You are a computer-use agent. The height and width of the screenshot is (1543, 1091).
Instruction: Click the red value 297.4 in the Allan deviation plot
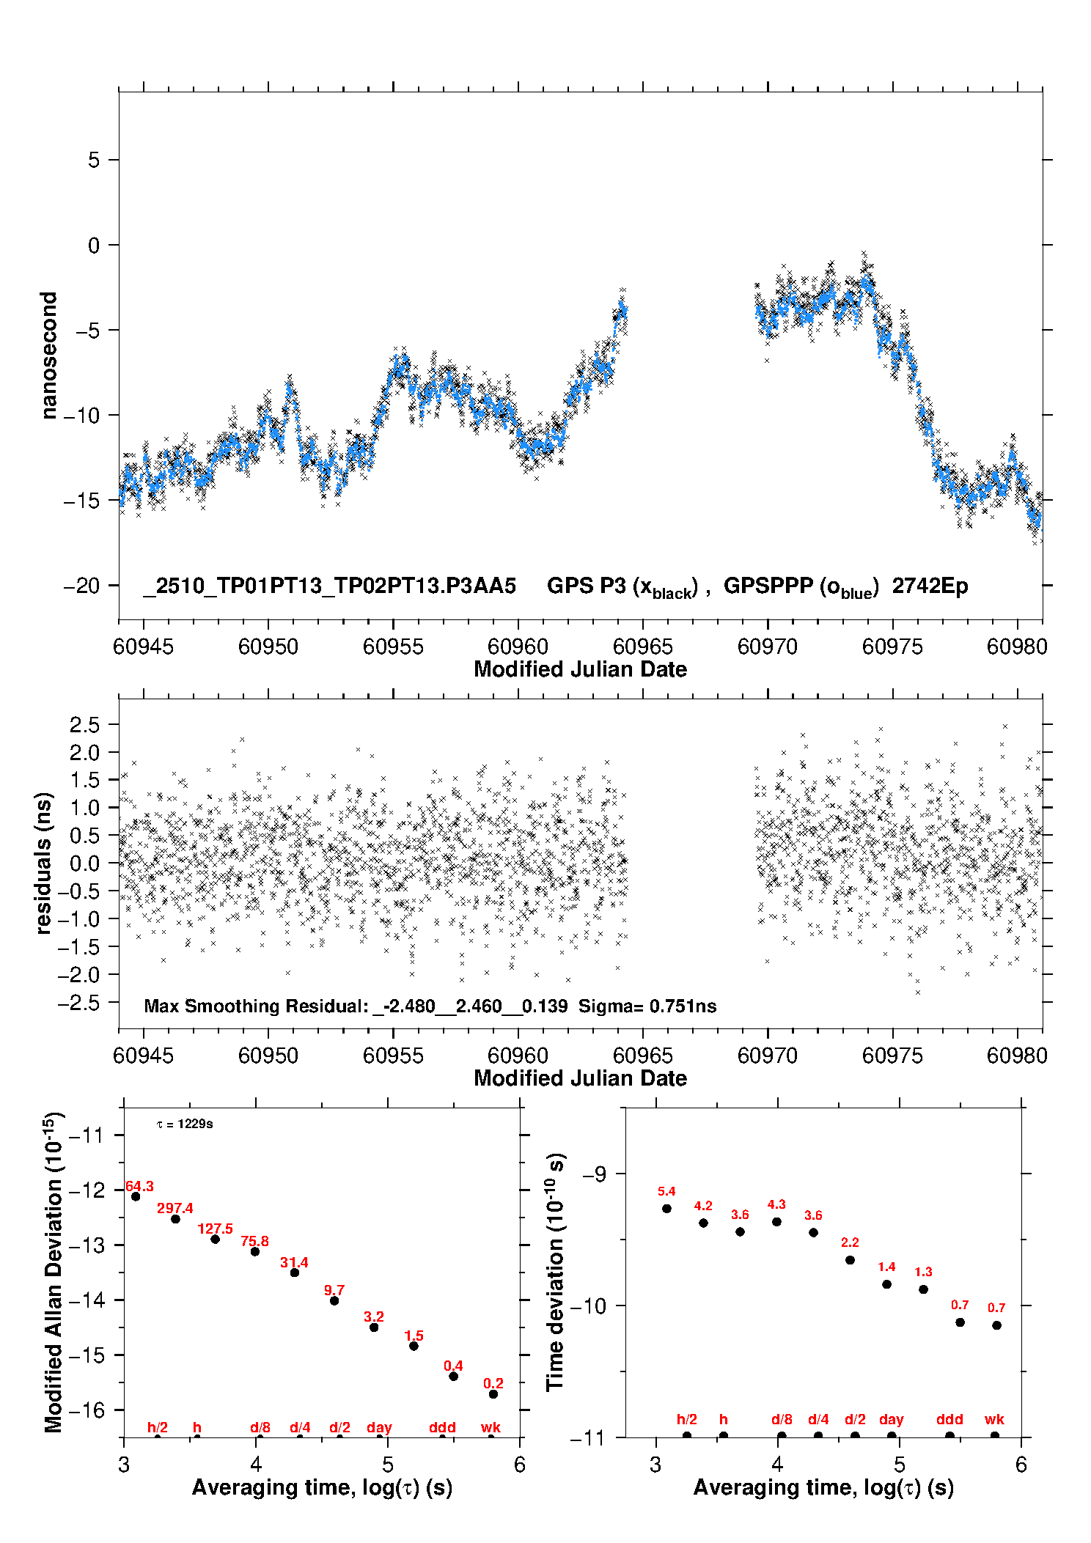[x=175, y=1208]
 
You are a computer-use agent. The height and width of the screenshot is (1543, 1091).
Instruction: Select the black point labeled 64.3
[x=136, y=1196]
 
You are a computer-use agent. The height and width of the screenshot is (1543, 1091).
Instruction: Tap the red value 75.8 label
[x=254, y=1241]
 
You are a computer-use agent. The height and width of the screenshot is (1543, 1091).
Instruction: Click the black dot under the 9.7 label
[x=334, y=1300]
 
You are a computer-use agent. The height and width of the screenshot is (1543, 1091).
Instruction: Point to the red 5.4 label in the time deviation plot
[x=666, y=1191]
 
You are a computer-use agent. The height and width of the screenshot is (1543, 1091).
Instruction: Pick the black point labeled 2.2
[x=850, y=1260]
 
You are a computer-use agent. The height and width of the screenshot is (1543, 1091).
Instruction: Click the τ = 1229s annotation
[x=185, y=1124]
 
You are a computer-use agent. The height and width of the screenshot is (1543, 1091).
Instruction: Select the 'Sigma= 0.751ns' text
[x=647, y=1006]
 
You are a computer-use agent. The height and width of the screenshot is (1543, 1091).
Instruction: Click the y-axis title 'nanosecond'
[x=49, y=356]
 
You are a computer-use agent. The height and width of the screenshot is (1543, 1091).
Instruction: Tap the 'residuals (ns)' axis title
[x=44, y=863]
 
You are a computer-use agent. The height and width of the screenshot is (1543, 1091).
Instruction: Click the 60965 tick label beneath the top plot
[x=642, y=647]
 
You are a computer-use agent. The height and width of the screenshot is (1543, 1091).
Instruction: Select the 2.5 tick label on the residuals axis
[x=84, y=724]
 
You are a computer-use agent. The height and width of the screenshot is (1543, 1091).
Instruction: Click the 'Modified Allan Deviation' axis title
[x=54, y=1272]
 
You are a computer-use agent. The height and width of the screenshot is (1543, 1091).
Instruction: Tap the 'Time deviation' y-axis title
[x=555, y=1272]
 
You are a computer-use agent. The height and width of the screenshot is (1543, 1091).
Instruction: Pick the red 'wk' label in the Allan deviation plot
[x=491, y=1427]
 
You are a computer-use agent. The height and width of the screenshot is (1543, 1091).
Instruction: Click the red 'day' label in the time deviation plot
[x=892, y=1419]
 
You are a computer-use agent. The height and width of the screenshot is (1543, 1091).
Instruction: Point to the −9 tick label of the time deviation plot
[x=595, y=1174]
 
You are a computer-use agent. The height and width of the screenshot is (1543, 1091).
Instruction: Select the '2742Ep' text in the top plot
[x=930, y=586]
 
